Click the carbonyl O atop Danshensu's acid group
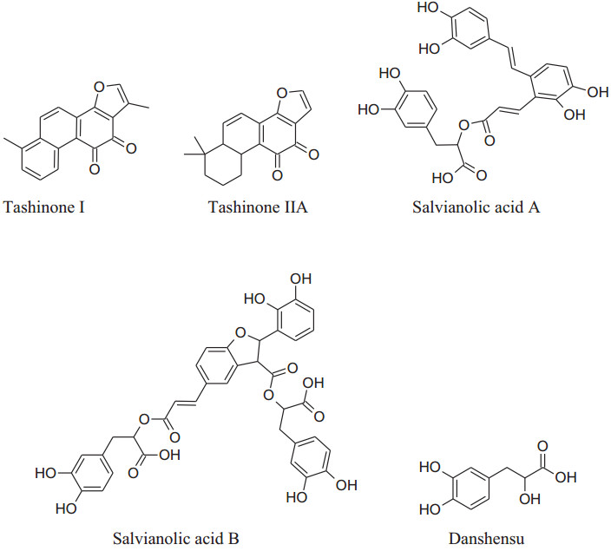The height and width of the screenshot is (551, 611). point(544,446)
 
